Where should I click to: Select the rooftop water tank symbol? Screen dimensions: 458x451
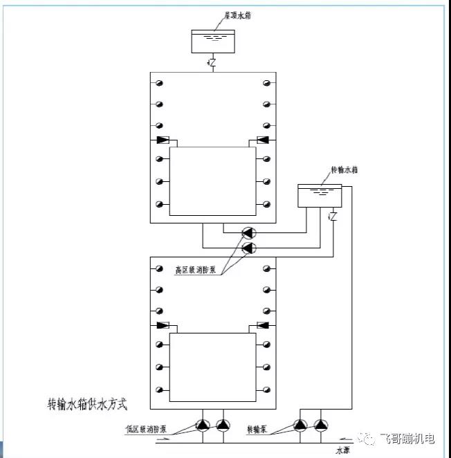tap(212, 40)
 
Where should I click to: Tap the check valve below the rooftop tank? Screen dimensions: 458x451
tap(212, 63)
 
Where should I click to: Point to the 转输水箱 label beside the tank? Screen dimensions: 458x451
tap(343, 170)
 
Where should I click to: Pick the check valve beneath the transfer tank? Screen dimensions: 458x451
tap(333, 217)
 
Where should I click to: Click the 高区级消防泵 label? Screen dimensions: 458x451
tap(198, 271)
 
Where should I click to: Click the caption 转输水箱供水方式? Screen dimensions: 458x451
tap(87, 402)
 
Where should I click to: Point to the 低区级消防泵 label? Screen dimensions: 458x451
tap(146, 429)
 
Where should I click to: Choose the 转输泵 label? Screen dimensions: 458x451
tap(257, 429)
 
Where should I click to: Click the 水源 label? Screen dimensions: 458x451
tap(344, 449)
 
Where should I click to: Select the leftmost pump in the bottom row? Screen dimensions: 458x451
tap(203, 425)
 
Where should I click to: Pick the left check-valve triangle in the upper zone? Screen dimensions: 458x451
tap(163, 140)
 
